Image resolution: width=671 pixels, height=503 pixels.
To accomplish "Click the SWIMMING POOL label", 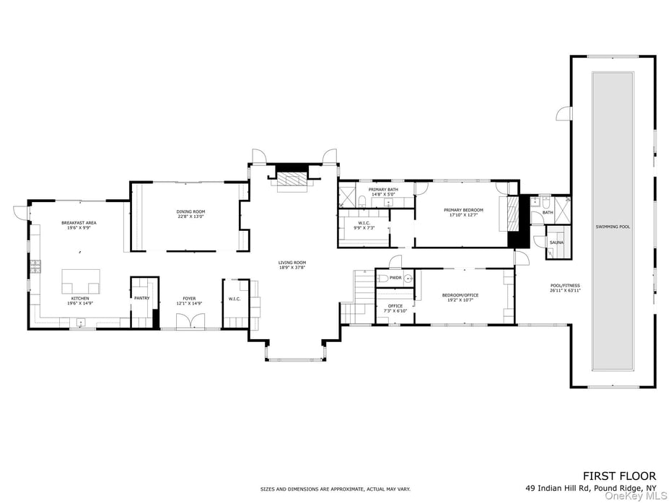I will (613, 227).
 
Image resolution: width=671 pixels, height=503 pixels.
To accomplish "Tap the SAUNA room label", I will (556, 242).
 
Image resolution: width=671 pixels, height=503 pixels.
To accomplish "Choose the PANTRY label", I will (141, 298).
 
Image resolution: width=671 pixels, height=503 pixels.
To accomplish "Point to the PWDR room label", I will (395, 278).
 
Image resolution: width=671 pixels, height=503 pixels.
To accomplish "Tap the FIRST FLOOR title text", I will (619, 476).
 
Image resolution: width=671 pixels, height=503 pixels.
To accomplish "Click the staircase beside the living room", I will (357, 297).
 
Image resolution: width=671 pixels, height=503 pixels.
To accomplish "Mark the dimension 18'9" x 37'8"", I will (293, 267).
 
